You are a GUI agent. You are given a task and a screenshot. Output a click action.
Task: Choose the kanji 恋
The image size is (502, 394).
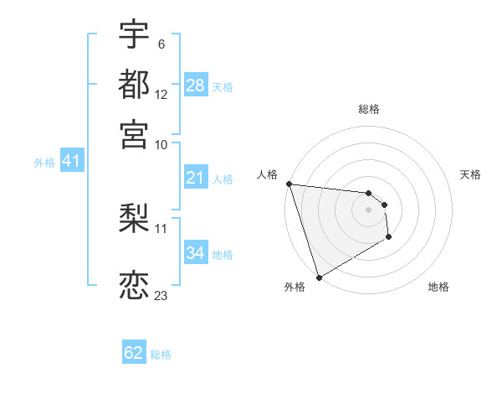(x=134, y=285)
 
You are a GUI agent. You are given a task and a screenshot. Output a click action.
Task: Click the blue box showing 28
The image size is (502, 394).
(x=195, y=86)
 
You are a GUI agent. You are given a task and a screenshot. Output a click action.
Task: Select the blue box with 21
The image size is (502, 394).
(x=195, y=178)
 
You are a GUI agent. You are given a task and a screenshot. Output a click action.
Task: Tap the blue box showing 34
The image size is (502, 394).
(x=195, y=253)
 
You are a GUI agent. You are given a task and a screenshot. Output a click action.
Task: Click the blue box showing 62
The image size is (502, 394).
(x=134, y=353)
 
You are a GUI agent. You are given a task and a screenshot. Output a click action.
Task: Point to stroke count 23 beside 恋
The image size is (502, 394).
(x=161, y=295)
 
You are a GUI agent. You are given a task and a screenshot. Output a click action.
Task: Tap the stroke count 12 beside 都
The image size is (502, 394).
(x=161, y=95)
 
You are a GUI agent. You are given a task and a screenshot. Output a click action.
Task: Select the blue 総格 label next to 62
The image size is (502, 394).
(x=161, y=355)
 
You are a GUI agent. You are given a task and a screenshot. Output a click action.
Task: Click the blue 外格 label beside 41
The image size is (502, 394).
(x=44, y=163)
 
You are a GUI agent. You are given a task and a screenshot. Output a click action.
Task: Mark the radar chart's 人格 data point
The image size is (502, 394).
(x=289, y=184)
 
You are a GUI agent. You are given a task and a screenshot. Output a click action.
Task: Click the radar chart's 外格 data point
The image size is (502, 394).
(x=319, y=277)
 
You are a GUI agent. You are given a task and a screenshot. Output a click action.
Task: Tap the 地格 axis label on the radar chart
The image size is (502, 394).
(x=438, y=288)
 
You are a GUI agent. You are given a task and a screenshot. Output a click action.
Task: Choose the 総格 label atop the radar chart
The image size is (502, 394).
(x=369, y=109)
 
